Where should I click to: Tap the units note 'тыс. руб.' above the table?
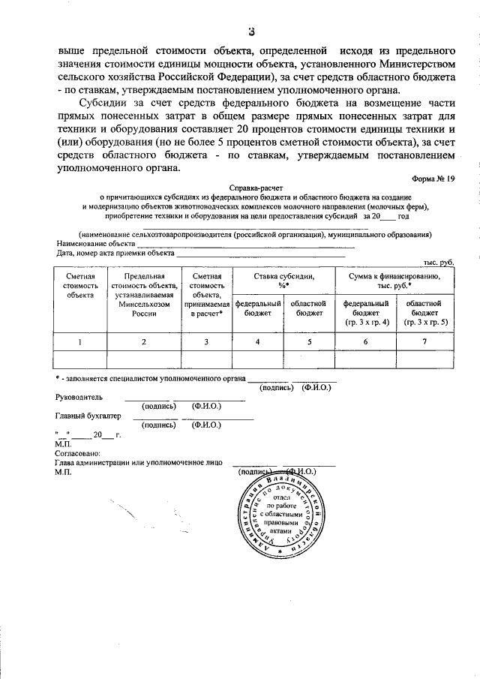(439, 264)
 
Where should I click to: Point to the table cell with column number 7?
(424, 341)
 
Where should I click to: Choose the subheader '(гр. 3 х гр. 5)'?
(424, 321)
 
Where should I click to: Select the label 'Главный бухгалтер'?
(88, 414)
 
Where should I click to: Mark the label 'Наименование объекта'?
(96, 244)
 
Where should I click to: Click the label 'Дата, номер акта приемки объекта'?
(114, 254)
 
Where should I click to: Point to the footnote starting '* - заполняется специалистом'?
(151, 379)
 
